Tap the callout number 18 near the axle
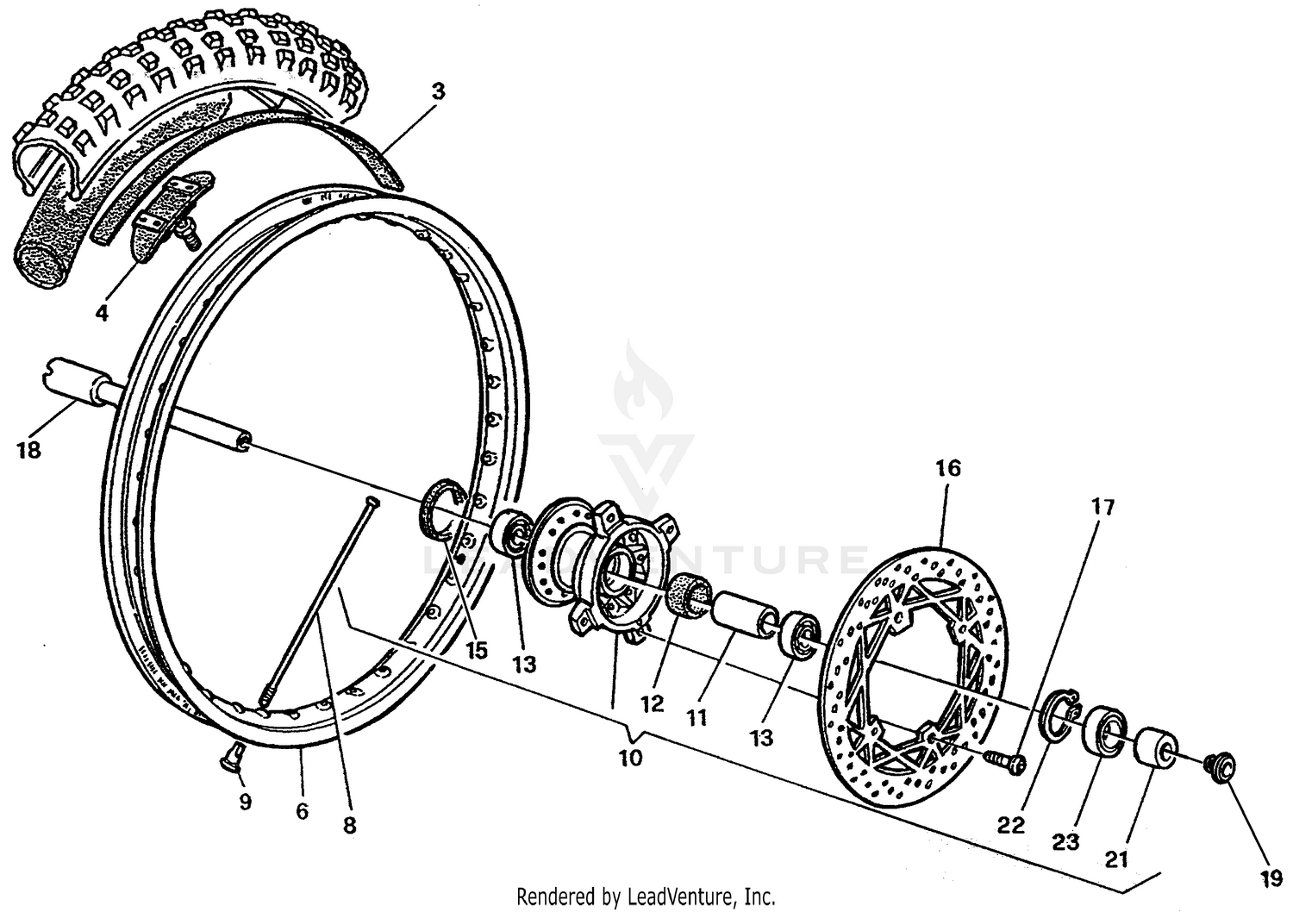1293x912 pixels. click(x=28, y=450)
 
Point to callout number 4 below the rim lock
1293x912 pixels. click(x=102, y=313)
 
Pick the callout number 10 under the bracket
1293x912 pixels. click(x=630, y=759)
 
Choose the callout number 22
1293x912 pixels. click(x=1011, y=825)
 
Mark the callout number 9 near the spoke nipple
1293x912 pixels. click(x=245, y=802)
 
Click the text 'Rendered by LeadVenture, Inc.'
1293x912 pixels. click(x=646, y=896)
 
